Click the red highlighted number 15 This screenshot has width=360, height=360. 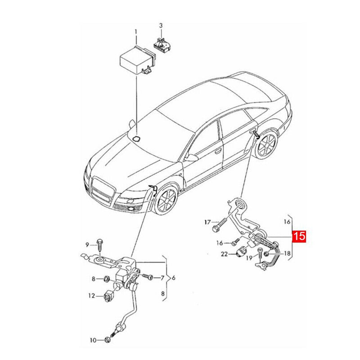point(300,236)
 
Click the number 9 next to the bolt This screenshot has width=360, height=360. point(88,244)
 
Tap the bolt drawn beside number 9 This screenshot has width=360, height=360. point(99,243)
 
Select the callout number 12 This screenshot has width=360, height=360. point(91,296)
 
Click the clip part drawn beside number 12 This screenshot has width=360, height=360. point(108,297)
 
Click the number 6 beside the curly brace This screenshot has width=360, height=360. point(173,277)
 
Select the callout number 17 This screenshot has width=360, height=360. point(207,222)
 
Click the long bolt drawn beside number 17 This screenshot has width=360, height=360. point(220,224)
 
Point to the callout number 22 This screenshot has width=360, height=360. point(224,255)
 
